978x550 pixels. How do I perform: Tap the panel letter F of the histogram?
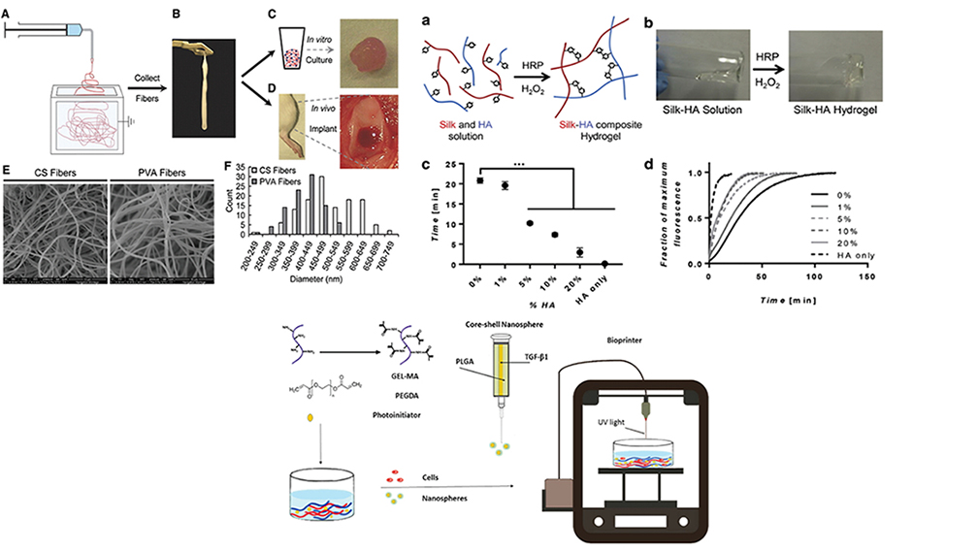tap(229, 167)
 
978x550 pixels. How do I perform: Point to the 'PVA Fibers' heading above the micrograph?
tap(162, 176)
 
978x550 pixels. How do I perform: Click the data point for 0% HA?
tap(479, 180)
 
